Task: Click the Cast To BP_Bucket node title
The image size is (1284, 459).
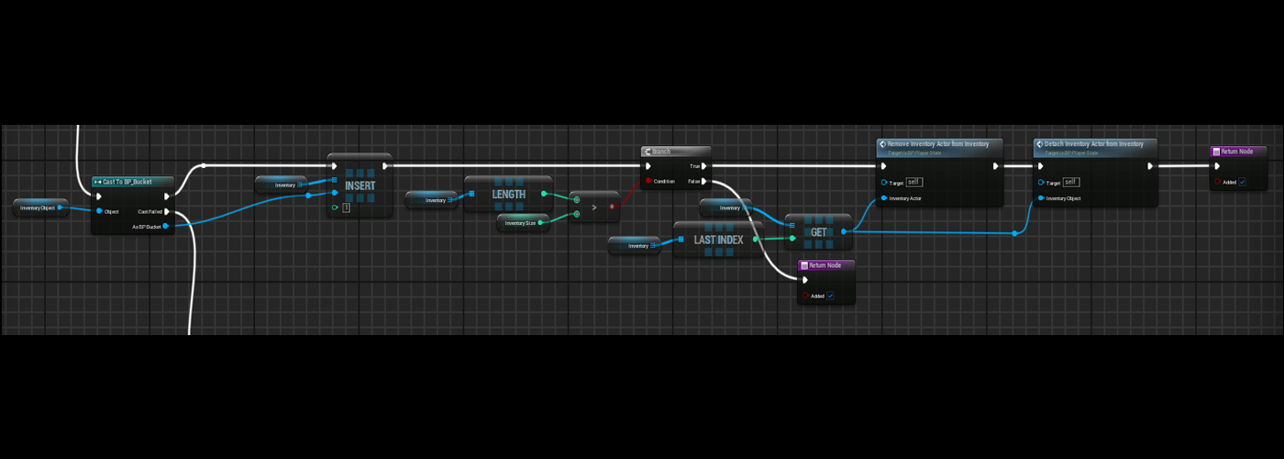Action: pyautogui.click(x=127, y=182)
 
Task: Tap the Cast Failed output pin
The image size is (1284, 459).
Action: pyautogui.click(x=166, y=211)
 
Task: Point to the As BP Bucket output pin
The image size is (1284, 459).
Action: pyautogui.click(x=165, y=226)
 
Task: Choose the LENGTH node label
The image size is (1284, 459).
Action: pyautogui.click(x=508, y=195)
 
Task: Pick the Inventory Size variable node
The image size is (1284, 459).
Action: pyautogui.click(x=521, y=223)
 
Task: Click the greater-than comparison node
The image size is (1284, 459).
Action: pyautogui.click(x=594, y=207)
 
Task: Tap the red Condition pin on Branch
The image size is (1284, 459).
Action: pyautogui.click(x=648, y=181)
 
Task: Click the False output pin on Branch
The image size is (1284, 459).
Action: pyautogui.click(x=703, y=181)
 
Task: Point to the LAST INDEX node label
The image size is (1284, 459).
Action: pyautogui.click(x=718, y=240)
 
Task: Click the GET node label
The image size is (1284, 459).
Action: pyautogui.click(x=818, y=232)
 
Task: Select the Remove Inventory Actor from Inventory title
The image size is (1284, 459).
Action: pyautogui.click(x=938, y=144)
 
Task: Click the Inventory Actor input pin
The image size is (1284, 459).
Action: pyautogui.click(x=883, y=198)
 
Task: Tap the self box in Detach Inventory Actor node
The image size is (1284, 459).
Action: pyautogui.click(x=1070, y=182)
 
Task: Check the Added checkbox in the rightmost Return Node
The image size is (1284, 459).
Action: pyautogui.click(x=1242, y=182)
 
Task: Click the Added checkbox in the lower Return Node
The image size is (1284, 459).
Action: pyautogui.click(x=830, y=296)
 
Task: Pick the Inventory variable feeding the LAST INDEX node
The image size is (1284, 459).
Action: pyautogui.click(x=634, y=246)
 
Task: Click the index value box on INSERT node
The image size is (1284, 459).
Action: pyautogui.click(x=346, y=208)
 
